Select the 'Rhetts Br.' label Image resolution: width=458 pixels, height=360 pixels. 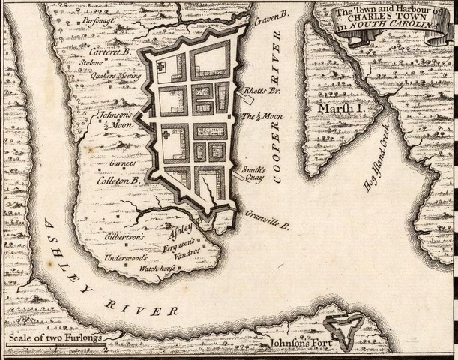coord(260,91)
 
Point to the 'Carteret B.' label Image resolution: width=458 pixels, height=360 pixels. coord(110,52)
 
